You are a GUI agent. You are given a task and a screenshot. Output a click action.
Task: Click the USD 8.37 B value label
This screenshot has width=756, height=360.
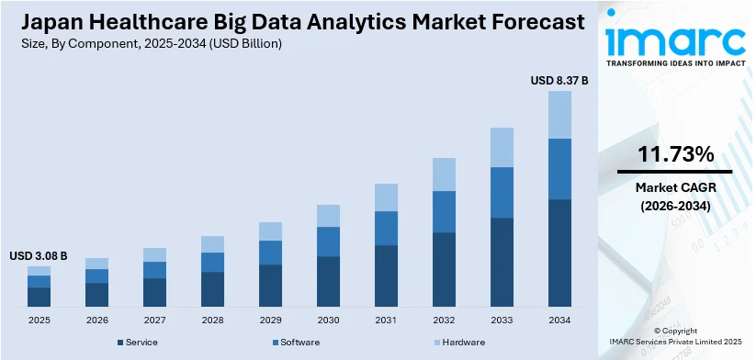coord(559,81)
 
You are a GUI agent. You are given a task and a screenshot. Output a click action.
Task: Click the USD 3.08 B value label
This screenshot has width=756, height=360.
coord(39,255)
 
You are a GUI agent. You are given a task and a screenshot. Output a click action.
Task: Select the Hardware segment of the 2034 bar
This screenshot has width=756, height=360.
coord(559,114)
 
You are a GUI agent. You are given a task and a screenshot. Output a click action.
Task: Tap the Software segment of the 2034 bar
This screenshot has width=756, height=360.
coord(559,168)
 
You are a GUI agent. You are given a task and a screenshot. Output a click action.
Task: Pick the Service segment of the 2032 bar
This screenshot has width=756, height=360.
coord(444,269)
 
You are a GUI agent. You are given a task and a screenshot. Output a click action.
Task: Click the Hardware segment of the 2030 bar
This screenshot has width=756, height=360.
coord(328,215)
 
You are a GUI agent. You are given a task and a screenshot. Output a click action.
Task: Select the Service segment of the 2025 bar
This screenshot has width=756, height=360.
coord(39,296)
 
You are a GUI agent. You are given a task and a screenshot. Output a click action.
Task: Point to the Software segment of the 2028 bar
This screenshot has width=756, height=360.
coord(212,262)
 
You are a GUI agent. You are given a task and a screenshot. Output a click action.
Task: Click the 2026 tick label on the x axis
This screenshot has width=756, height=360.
coord(96,319)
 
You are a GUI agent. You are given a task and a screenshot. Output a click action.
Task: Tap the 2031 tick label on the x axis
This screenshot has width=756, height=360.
coord(386,319)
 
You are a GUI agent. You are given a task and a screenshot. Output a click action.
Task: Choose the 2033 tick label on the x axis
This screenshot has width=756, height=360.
coord(502,319)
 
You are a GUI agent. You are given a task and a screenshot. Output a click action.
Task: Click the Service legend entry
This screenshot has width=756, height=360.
coord(138,342)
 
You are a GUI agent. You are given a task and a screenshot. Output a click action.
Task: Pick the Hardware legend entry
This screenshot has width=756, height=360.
coord(461,342)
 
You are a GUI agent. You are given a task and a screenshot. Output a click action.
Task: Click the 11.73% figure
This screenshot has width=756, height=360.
coord(674,152)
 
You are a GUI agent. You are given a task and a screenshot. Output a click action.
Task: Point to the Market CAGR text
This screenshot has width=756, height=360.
coord(674,187)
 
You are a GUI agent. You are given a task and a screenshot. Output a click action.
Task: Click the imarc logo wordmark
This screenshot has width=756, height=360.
coord(674,40)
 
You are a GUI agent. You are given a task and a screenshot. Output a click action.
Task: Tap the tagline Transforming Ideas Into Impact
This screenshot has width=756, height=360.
coord(674,64)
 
